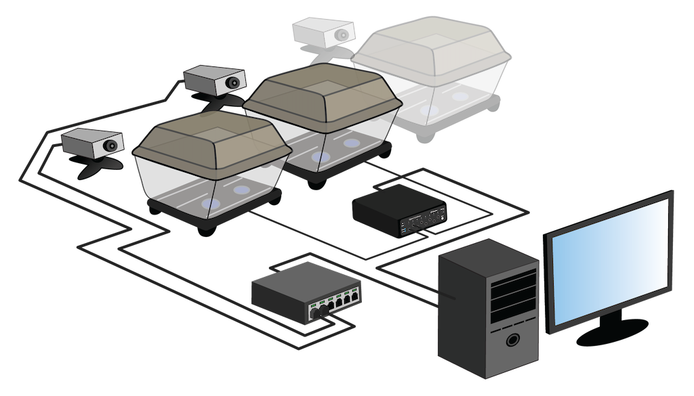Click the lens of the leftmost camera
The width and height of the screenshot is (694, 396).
(x=108, y=145)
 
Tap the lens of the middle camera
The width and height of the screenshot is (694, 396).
(x=232, y=83)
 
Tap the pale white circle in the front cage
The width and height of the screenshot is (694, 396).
(x=241, y=190)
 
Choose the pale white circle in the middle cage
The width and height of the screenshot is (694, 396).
(x=350, y=144)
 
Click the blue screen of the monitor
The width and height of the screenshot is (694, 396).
(x=610, y=261)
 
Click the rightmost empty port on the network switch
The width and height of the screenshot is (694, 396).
(x=354, y=298)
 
